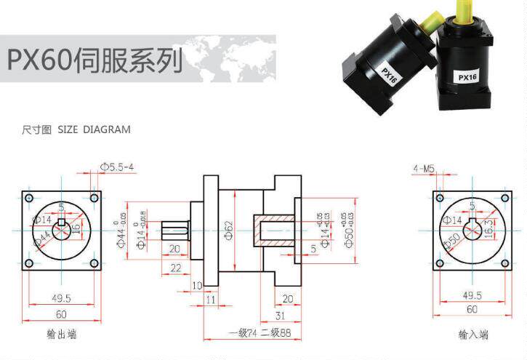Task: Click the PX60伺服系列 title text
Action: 94,59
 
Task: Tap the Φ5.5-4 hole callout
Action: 118,167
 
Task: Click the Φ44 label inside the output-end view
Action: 42,237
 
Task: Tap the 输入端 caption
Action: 473,335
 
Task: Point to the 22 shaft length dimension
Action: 175,268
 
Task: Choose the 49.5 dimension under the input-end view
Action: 473,295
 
